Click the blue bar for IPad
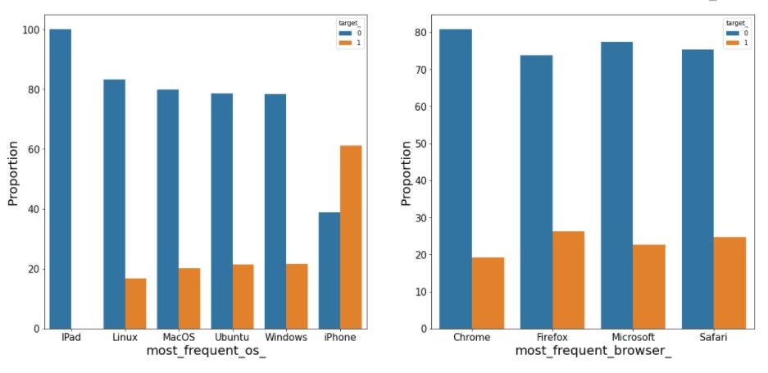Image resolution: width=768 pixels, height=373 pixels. click(61, 179)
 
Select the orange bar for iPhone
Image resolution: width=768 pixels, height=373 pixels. click(351, 237)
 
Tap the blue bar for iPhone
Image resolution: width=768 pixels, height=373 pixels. click(329, 271)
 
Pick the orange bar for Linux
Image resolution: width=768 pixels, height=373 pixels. click(136, 303)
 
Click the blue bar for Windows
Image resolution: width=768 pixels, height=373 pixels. click(275, 212)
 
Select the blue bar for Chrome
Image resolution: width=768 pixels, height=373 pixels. click(456, 179)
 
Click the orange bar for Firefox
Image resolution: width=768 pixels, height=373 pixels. click(568, 280)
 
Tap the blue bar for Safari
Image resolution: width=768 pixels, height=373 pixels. click(698, 189)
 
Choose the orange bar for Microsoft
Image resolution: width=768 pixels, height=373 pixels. click(649, 287)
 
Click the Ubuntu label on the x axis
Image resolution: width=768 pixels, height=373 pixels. click(232, 338)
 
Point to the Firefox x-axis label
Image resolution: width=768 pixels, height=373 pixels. click(552, 338)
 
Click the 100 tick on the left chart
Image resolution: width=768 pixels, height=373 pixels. click(30, 30)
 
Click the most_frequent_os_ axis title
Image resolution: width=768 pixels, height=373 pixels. click(207, 352)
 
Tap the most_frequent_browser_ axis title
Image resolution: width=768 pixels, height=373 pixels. click(593, 352)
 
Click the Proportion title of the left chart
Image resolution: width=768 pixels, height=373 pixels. click(13, 173)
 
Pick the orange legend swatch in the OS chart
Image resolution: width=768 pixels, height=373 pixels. click(344, 43)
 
